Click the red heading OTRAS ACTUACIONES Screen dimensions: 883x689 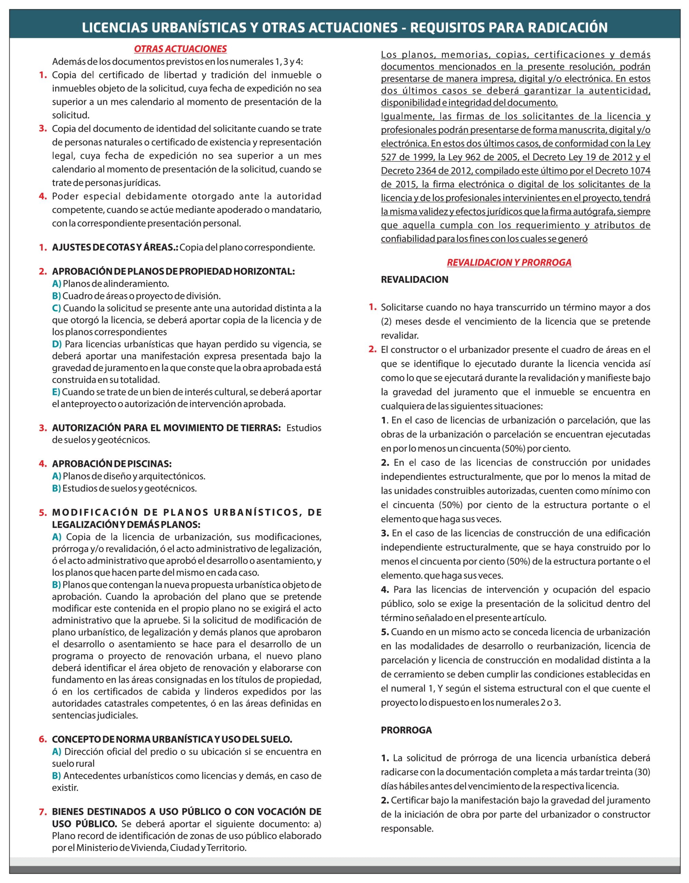tap(180, 49)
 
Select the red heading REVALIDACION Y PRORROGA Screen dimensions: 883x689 tap(509, 262)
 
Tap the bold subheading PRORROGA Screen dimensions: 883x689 tap(406, 730)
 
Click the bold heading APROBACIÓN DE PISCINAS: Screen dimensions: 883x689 tap(111, 464)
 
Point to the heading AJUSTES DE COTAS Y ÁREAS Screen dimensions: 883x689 tap(115, 247)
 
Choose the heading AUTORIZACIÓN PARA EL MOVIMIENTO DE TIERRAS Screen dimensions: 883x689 tap(166, 428)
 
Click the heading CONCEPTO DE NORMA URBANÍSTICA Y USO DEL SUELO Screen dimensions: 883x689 tap(172, 740)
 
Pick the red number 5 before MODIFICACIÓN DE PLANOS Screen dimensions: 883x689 tap(42, 513)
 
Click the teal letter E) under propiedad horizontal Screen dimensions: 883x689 tap(56, 392)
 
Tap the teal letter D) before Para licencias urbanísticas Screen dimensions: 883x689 tap(57, 344)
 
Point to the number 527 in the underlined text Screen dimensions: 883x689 tap(388, 157)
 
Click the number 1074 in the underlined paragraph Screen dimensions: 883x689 tap(641, 171)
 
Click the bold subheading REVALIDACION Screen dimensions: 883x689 tap(414, 279)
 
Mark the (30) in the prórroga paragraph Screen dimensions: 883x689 tap(642, 772)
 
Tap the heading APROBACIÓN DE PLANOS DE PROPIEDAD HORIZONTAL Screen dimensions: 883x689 tap(173, 271)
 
